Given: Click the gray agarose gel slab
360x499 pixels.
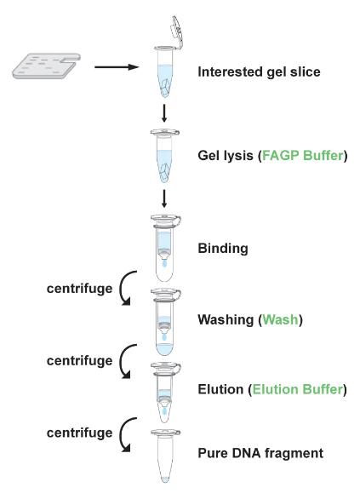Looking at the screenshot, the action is click(47, 66).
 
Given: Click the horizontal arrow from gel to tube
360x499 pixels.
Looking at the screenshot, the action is click(117, 67).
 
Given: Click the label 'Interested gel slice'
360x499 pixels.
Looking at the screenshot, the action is click(259, 72).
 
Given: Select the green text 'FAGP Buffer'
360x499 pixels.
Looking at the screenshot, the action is click(303, 156).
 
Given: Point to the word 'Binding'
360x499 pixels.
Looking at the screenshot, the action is click(223, 249).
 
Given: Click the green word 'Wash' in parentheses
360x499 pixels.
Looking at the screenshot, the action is click(281, 319).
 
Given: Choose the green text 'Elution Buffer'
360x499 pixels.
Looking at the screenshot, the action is click(298, 389).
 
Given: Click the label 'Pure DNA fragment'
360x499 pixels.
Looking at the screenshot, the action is click(260, 453).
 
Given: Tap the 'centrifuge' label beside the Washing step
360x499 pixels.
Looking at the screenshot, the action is click(79, 289).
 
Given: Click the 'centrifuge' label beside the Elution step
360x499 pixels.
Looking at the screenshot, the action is click(79, 360).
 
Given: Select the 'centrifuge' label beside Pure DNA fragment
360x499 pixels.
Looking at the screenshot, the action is click(79, 433).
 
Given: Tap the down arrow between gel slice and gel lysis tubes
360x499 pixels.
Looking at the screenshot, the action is click(164, 113).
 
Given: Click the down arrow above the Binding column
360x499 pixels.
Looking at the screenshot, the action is click(164, 199).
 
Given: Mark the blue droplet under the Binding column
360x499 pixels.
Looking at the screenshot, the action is click(164, 263).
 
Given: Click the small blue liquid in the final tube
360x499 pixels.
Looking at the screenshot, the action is click(165, 479).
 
